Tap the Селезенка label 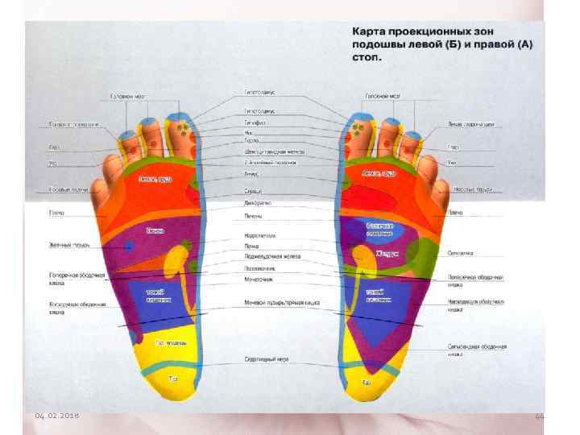(462, 253)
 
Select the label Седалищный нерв (266, 358)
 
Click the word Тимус (251, 172)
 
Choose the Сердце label (254, 191)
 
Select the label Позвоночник (259, 267)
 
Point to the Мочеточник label (259, 278)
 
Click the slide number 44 (540, 415)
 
